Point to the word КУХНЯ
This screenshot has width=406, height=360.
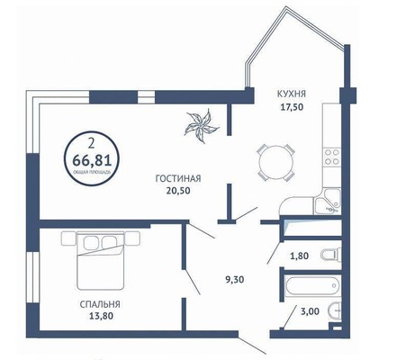click(289, 91)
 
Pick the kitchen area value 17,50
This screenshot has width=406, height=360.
click(289, 103)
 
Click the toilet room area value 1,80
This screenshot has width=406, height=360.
click(301, 256)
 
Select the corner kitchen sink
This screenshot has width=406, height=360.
click(329, 200)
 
